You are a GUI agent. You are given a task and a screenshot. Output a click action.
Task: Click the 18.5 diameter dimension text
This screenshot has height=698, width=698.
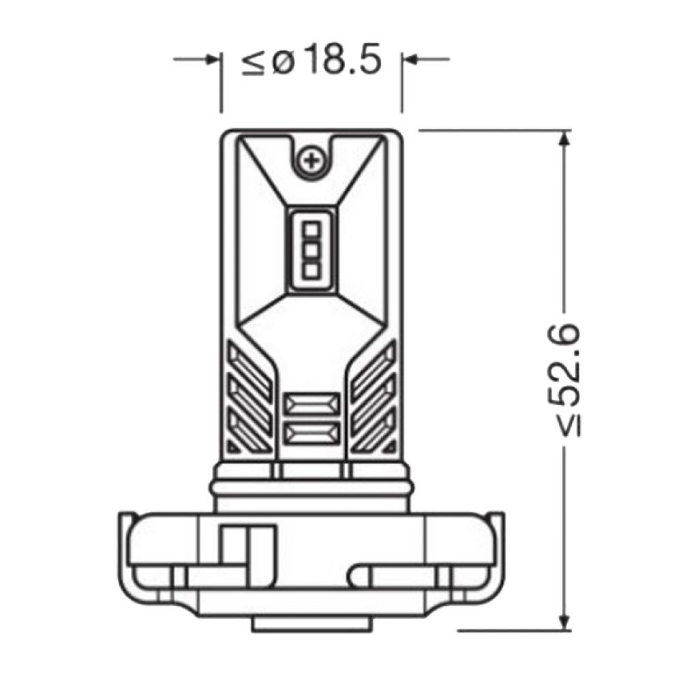(341, 61)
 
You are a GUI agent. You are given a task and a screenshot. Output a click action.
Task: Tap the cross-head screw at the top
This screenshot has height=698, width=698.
(312, 161)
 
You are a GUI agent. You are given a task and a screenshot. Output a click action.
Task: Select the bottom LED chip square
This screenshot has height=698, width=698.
(312, 270)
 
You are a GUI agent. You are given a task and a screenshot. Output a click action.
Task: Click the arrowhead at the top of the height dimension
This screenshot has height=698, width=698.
(563, 138)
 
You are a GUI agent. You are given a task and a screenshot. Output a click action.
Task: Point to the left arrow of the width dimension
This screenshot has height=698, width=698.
(208, 59)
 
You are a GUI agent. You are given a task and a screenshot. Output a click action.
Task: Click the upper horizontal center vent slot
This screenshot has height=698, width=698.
(312, 404)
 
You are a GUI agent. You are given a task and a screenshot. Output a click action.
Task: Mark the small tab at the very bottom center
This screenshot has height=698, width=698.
(312, 622)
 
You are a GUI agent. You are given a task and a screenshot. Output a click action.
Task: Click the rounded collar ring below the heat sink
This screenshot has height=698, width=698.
(312, 487)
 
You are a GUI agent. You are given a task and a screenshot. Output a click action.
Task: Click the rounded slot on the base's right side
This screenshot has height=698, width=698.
(409, 575)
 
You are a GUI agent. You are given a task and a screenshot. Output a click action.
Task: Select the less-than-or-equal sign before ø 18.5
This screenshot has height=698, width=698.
(254, 63)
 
